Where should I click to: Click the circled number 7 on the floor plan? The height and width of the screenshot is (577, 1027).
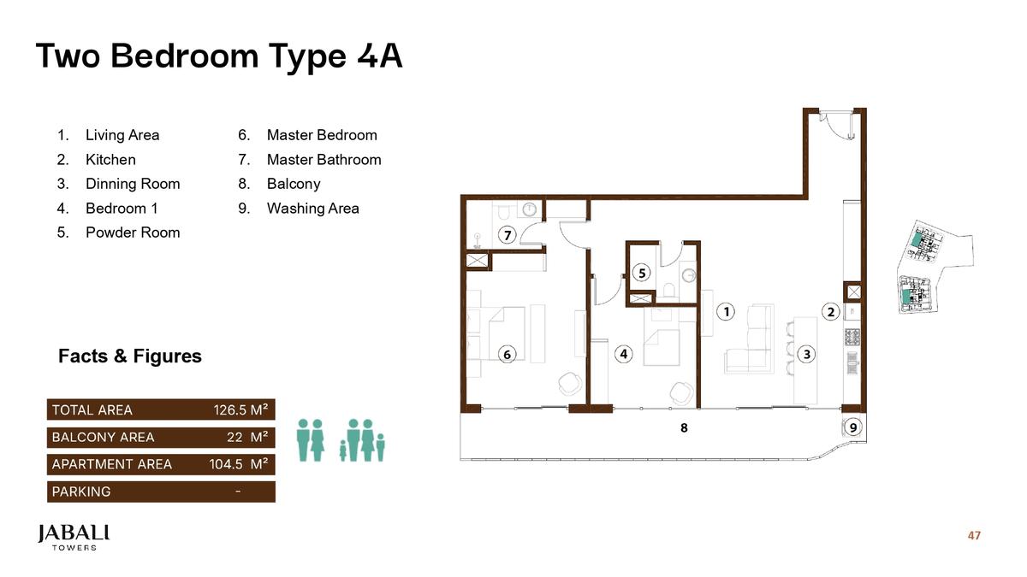(x=507, y=235)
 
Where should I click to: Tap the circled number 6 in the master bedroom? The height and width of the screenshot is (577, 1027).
(x=507, y=354)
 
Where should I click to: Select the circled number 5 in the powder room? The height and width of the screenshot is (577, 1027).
(x=642, y=273)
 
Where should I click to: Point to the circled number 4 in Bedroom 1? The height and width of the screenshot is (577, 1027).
(x=625, y=354)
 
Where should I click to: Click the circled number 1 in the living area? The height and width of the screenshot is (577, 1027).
(x=726, y=311)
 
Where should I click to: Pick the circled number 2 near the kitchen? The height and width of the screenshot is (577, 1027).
(x=830, y=312)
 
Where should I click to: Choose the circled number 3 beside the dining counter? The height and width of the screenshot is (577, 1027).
(x=806, y=354)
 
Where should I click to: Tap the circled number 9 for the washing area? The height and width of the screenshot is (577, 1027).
(x=852, y=427)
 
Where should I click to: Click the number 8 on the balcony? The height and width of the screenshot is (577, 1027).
(x=684, y=427)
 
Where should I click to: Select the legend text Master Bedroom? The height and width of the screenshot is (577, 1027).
(x=321, y=135)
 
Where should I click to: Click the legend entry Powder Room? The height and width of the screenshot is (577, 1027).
(x=132, y=233)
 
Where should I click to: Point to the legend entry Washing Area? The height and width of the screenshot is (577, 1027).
(x=312, y=209)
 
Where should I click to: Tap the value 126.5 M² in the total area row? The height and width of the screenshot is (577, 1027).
(x=240, y=410)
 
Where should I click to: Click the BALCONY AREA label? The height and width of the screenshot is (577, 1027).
(x=103, y=438)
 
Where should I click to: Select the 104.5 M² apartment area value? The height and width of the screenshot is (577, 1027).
(x=239, y=465)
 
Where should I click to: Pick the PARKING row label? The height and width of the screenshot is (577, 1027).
(x=81, y=492)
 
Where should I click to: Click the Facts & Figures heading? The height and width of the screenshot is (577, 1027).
(x=130, y=356)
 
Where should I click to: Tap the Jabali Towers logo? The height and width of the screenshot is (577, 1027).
(x=74, y=537)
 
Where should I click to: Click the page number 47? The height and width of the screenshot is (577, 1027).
(x=974, y=536)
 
